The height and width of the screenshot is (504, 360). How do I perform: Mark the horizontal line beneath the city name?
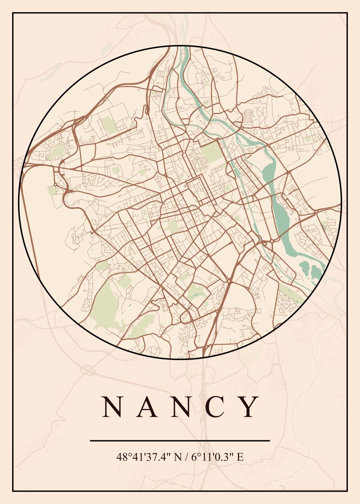(180, 441)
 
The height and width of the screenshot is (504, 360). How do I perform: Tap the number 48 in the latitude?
(121, 457)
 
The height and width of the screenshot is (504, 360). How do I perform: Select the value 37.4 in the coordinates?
(154, 457)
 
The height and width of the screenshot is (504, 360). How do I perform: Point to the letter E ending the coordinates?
(240, 457)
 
